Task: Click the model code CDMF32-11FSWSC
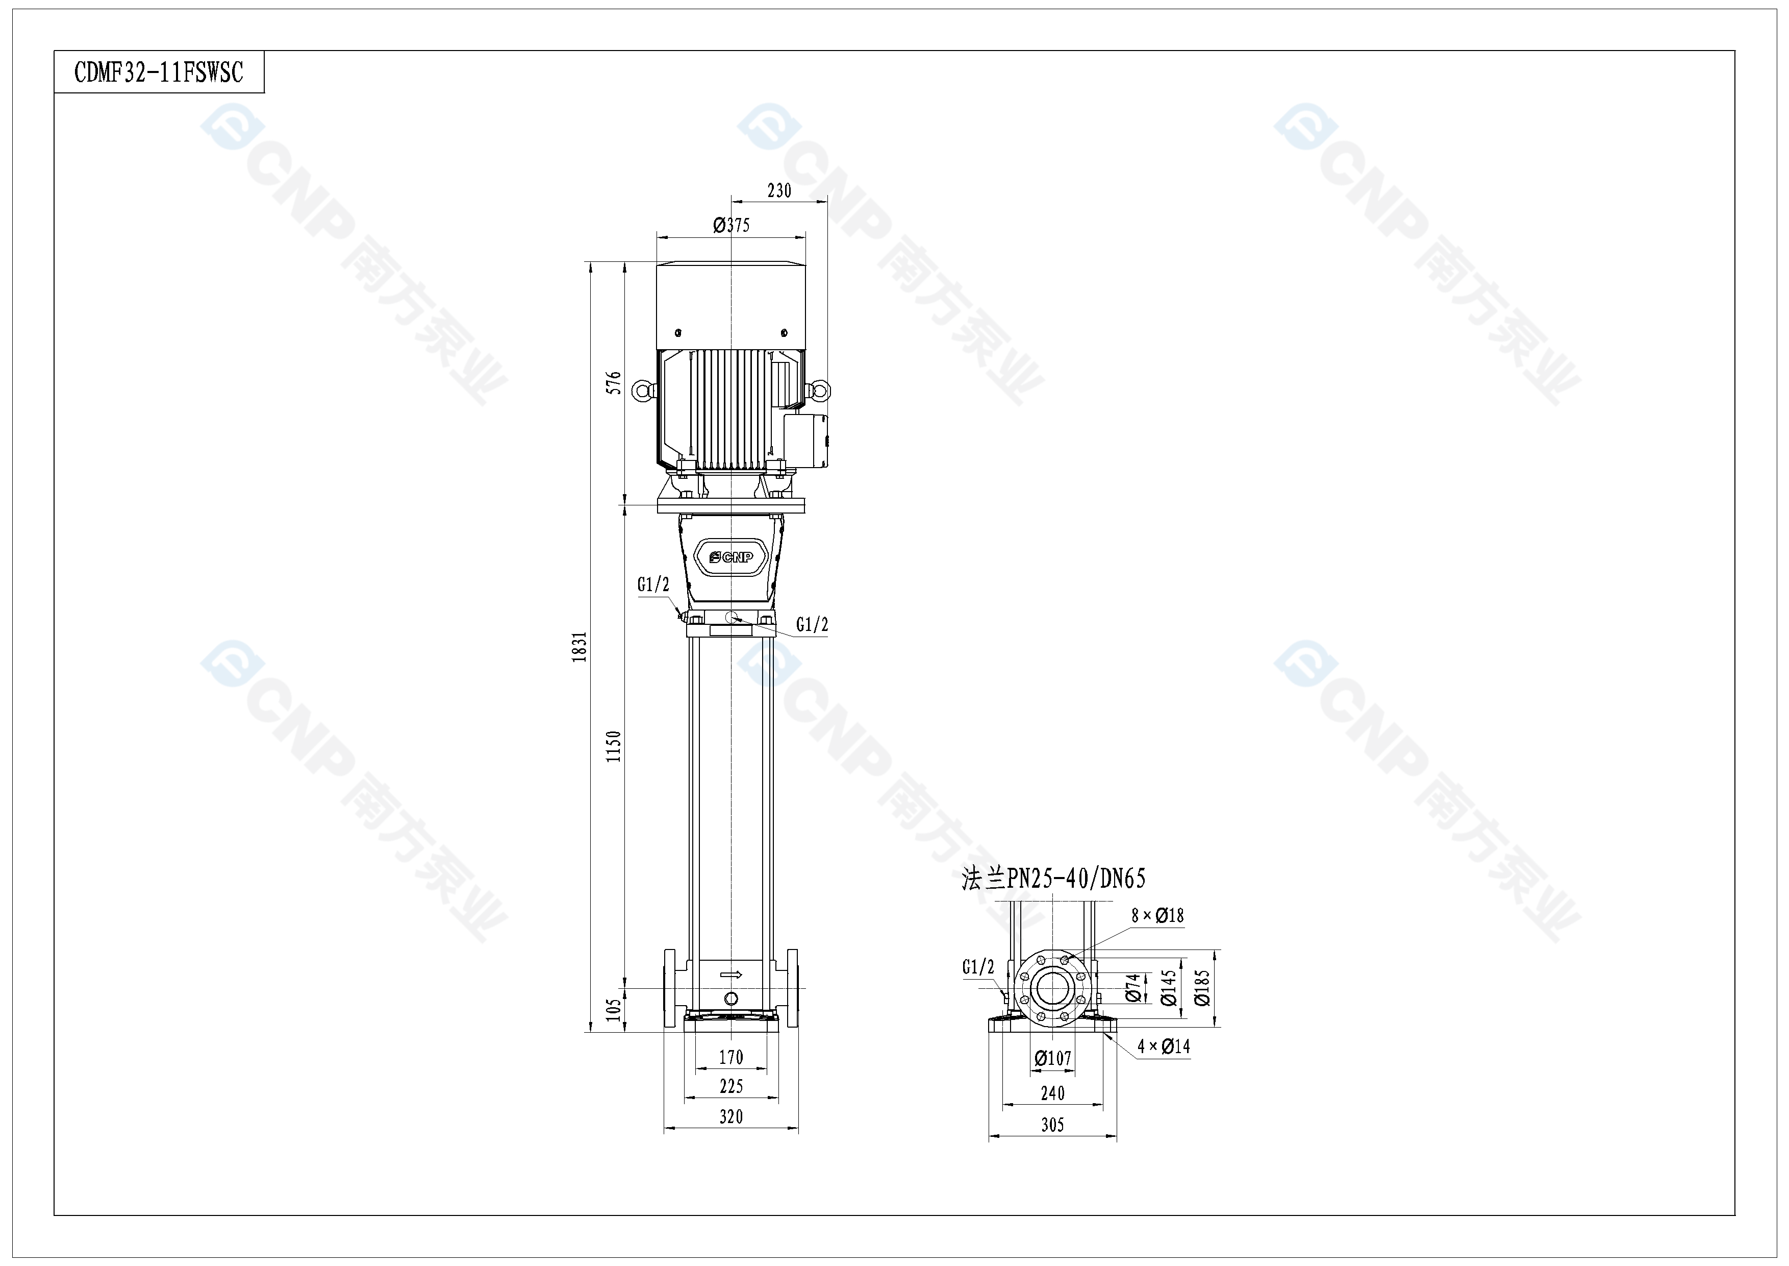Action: coord(159,72)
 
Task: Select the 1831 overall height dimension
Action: coord(579,647)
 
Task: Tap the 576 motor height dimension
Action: coord(615,383)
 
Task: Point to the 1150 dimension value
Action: coord(615,746)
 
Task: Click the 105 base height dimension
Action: coord(615,1010)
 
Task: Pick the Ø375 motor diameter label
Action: coord(732,225)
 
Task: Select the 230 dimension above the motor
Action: coord(779,191)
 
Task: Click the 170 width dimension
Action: coord(731,1057)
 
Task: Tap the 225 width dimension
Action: coord(731,1086)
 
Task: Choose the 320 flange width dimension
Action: coord(731,1116)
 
